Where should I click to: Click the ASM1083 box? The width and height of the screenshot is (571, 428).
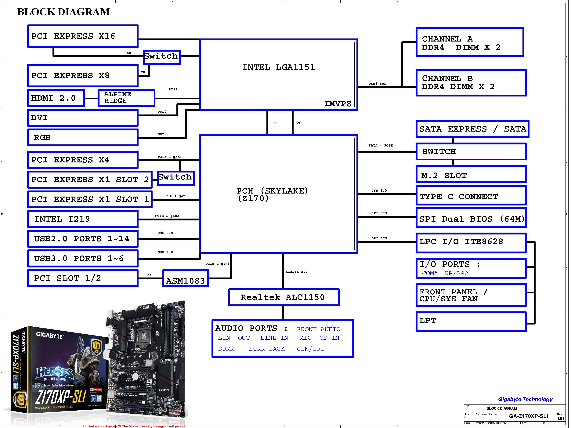tap(185, 278)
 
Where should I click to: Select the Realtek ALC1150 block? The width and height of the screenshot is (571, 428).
tap(284, 297)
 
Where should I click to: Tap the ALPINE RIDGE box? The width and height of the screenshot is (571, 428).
tap(126, 98)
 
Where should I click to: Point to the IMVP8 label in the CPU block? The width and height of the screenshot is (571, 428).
tap(337, 104)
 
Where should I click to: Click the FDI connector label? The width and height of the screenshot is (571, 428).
tap(273, 123)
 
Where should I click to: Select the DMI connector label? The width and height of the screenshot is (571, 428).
tap(298, 123)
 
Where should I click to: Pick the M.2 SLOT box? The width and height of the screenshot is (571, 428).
tap(471, 174)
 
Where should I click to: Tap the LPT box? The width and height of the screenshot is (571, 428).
tap(471, 321)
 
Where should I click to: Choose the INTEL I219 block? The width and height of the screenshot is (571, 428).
tap(83, 219)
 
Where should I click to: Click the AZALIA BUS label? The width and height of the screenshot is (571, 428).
tap(296, 272)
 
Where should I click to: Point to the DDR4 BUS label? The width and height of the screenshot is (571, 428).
tap(377, 84)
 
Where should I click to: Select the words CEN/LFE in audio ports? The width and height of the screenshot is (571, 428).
tap(311, 349)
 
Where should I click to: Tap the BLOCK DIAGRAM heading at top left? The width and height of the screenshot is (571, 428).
tap(63, 12)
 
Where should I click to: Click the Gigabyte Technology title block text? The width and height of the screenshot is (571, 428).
tap(525, 399)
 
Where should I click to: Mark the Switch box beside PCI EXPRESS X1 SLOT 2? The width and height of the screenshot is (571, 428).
tap(175, 178)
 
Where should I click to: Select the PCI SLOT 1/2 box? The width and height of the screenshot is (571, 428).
tap(83, 278)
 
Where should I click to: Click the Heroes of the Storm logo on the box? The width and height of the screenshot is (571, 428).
tap(55, 374)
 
